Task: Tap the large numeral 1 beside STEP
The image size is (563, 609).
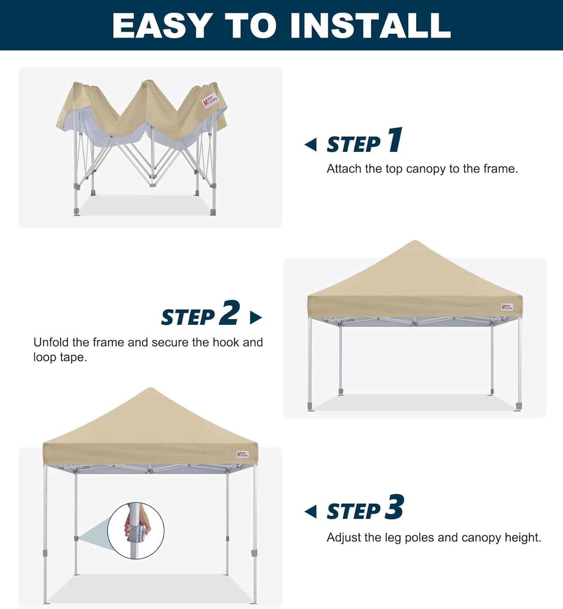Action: point(395,140)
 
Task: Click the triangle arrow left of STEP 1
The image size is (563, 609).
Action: point(311,145)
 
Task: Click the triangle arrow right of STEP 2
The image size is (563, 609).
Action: point(256,317)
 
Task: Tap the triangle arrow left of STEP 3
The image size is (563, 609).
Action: point(311,512)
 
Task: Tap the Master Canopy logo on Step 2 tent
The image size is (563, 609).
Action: point(507,307)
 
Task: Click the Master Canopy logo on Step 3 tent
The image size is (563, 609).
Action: point(243,454)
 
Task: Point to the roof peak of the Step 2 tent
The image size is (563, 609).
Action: point(414,242)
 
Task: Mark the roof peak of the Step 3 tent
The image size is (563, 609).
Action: point(150,389)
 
